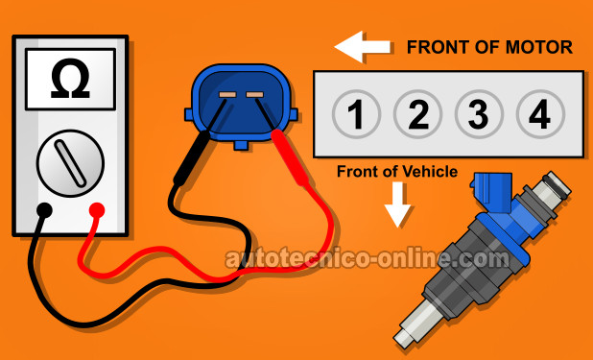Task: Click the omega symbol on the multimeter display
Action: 70,79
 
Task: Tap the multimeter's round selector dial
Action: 70,163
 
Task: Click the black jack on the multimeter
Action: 45,210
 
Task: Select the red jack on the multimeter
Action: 97,210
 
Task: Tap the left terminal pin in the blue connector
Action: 227,94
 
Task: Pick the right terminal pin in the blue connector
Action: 254,94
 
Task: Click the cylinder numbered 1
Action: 356,114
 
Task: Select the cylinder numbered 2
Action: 417,114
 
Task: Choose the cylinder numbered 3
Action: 479,114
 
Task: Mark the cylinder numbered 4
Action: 540,114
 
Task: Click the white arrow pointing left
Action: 363,47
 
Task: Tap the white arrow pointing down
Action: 397,204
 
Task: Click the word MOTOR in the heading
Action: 539,47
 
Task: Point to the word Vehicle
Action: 430,172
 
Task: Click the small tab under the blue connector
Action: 241,145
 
